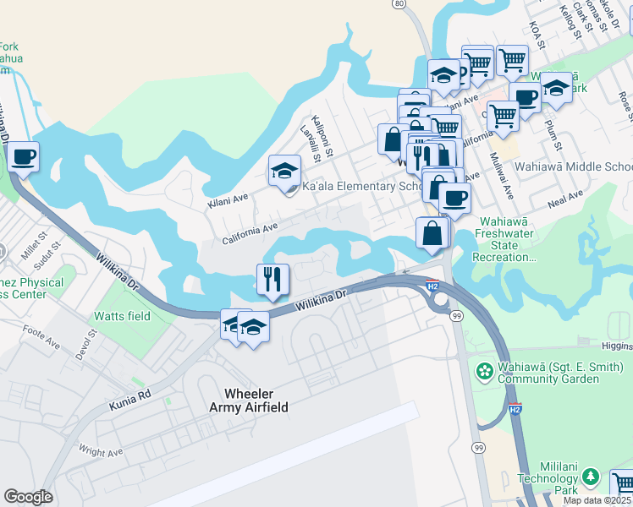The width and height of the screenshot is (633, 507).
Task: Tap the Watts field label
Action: click(x=123, y=317)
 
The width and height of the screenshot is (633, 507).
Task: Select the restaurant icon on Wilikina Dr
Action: click(x=272, y=280)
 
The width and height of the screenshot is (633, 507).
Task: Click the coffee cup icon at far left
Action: click(x=23, y=157)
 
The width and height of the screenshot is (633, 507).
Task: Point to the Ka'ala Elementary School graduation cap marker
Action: click(x=285, y=171)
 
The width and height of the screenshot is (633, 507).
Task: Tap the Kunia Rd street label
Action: click(x=129, y=401)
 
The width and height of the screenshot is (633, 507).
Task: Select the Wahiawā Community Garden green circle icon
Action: click(x=485, y=371)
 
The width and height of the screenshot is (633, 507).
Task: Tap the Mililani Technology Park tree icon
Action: click(x=592, y=477)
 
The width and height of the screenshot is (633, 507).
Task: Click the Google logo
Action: click(x=28, y=497)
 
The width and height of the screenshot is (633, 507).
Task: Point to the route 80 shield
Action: click(x=399, y=4)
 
